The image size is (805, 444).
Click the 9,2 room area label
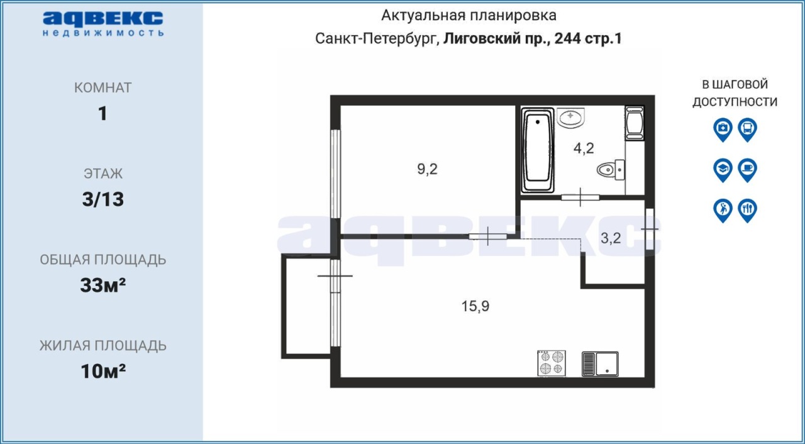pyautogui.click(x=427, y=169)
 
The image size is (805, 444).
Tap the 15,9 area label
pyautogui.click(x=475, y=306)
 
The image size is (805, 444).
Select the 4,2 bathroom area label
pyautogui.click(x=584, y=148)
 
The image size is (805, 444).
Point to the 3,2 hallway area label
pyautogui.click(x=611, y=238)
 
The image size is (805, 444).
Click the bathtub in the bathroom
pyautogui.click(x=538, y=150)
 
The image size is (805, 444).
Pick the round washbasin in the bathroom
pyautogui.click(x=570, y=118)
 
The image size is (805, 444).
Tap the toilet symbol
pyautogui.click(x=611, y=170)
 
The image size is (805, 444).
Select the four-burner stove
pyautogui.click(x=552, y=363)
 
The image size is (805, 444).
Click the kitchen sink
pyautogui.click(x=600, y=364)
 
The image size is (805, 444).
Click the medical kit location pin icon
pyautogui.click(x=723, y=130)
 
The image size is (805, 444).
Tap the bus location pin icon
pyautogui.click(x=748, y=130)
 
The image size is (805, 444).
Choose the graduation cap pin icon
pyautogui.click(x=723, y=170)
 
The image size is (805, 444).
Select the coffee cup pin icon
pyautogui.click(x=748, y=170)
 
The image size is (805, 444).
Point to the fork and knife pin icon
pyautogui.click(x=748, y=211)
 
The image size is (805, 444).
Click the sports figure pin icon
pyautogui.click(x=723, y=211)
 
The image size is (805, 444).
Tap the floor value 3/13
pyautogui.click(x=103, y=199)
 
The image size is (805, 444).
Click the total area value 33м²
pyautogui.click(x=103, y=286)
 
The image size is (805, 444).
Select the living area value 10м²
pyautogui.click(x=103, y=371)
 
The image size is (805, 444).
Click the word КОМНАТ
pyautogui.click(x=103, y=87)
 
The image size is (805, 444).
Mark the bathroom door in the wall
pyautogui.click(x=580, y=197)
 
